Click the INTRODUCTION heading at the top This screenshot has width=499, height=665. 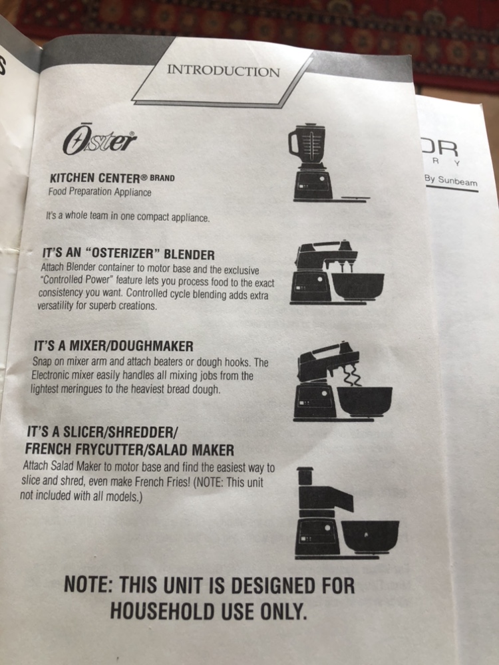pos(223,70)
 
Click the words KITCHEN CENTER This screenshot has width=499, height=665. pos(94,178)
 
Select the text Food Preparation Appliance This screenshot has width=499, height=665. pos(99,192)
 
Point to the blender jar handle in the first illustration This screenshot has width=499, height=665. pos(293,142)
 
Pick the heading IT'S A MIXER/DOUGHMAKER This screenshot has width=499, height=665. pos(113,346)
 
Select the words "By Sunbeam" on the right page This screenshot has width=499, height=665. pos(450,181)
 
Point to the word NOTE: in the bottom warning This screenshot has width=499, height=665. pos(88,585)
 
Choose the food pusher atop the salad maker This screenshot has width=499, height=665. pos(305,476)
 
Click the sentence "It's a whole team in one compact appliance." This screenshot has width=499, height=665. pos(128,217)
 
